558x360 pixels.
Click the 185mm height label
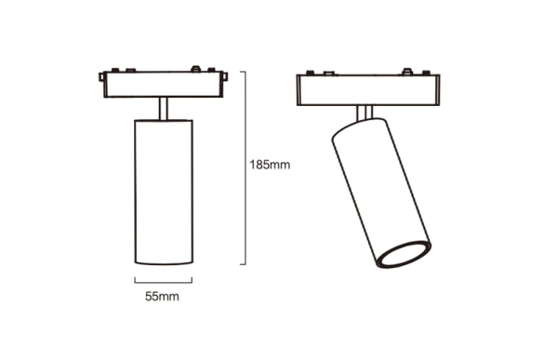270,165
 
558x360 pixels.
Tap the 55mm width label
162,296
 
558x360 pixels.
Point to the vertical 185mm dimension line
246,168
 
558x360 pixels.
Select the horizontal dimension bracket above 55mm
164,283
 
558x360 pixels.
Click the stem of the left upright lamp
164,109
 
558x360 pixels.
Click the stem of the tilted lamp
365,113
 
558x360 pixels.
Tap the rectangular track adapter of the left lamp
164,85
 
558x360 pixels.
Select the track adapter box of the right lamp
368,90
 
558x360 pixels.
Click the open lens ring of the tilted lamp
404,254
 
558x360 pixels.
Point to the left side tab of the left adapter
101,77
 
